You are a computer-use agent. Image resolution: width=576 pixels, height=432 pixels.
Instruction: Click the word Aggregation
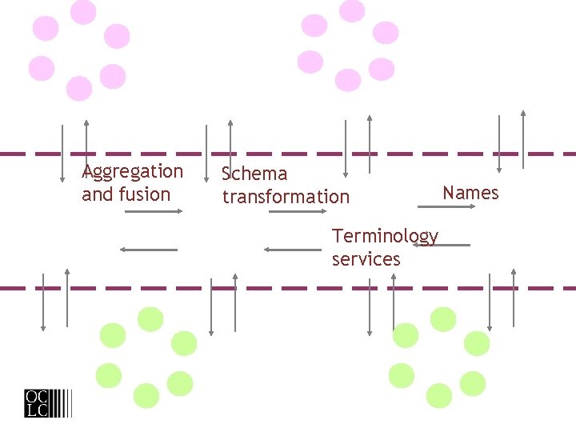[x=133, y=172]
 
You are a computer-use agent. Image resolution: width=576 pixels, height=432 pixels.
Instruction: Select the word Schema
[x=254, y=174]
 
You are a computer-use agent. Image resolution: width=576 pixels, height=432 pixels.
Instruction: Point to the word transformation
[x=286, y=197]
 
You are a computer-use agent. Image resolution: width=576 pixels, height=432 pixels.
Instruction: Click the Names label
[x=470, y=193]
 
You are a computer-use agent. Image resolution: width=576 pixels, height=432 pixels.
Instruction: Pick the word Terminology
[x=385, y=236]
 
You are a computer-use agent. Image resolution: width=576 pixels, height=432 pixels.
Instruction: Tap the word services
[x=366, y=259]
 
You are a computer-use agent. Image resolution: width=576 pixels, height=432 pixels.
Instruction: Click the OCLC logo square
[x=36, y=402]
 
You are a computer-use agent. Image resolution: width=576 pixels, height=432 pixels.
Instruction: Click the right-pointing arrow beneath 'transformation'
[x=298, y=211]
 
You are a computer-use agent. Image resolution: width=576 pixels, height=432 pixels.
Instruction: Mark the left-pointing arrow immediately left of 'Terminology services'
[x=292, y=250]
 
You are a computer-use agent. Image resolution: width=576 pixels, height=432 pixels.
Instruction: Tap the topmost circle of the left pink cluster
[x=83, y=12]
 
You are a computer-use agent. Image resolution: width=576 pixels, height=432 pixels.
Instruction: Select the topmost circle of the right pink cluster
[x=352, y=10]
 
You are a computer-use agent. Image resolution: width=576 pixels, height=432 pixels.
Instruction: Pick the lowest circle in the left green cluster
[x=146, y=395]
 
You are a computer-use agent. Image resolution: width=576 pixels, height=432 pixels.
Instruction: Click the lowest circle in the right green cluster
[x=439, y=395]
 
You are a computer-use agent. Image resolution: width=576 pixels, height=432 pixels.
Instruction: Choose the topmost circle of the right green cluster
[x=443, y=319]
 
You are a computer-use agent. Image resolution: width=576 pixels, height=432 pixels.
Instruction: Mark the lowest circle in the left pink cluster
[x=79, y=88]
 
